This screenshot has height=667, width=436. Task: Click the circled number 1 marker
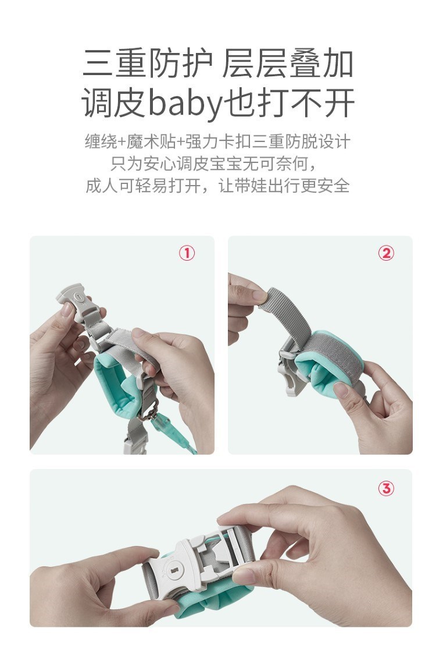187,253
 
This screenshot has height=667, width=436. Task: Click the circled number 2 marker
386,253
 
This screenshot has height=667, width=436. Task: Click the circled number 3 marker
386,488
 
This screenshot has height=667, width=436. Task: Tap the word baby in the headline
185,104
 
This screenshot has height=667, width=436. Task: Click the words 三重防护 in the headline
147,63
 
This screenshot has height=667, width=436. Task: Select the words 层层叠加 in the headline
288,63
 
